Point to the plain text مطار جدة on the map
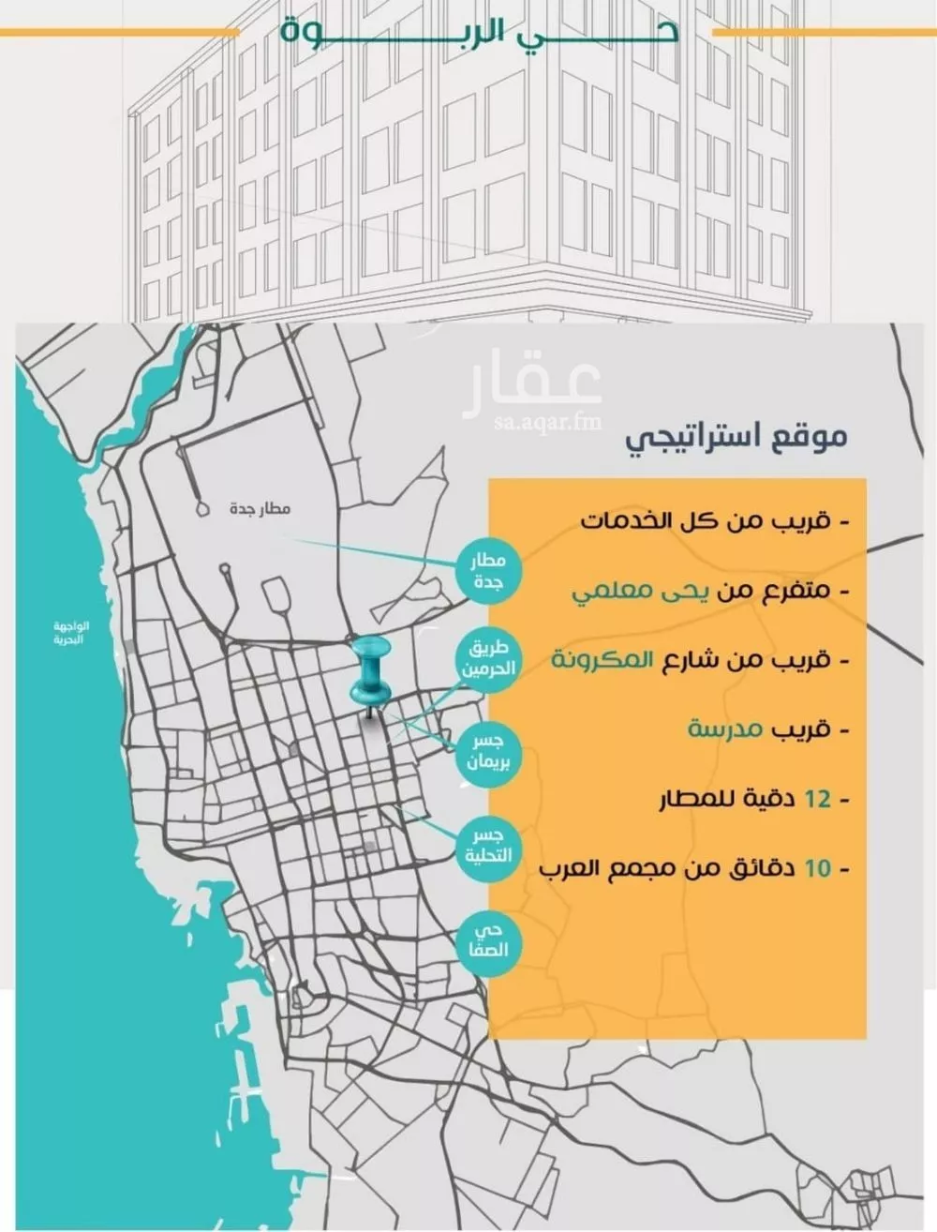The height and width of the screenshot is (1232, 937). pos(260,509)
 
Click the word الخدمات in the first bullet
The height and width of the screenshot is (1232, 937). pos(628,520)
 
